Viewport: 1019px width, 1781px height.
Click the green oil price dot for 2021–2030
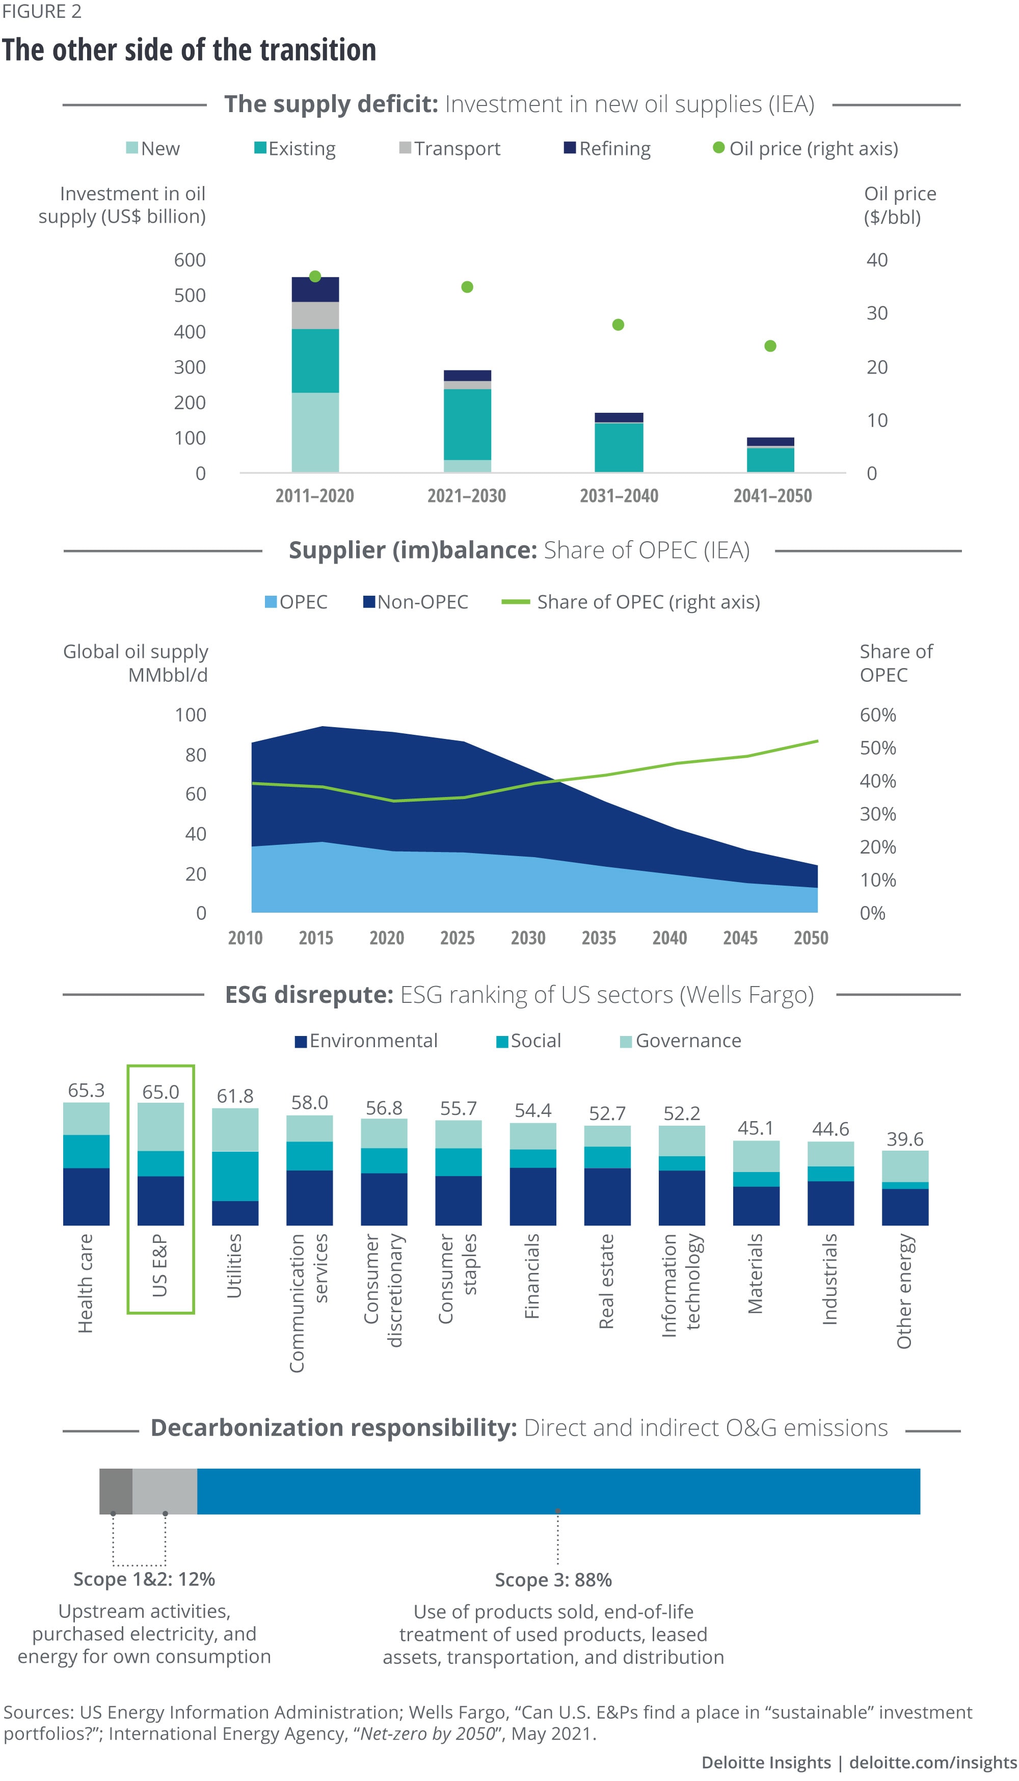(x=468, y=287)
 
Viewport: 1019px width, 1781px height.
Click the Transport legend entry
(x=450, y=148)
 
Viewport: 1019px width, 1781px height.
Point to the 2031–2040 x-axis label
(x=619, y=496)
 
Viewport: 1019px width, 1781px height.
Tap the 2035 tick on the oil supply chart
(x=598, y=938)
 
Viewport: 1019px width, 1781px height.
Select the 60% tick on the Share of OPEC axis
(x=878, y=715)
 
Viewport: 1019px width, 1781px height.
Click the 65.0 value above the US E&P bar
(x=160, y=1092)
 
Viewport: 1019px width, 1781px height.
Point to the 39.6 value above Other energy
(x=904, y=1139)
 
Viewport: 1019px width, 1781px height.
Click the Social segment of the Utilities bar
(x=235, y=1176)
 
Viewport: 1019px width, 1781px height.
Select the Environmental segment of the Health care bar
(x=86, y=1197)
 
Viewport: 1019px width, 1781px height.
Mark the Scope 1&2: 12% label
(x=144, y=1579)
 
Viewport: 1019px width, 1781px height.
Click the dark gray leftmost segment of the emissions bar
(x=116, y=1491)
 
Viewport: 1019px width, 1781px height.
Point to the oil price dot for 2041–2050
(x=770, y=345)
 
